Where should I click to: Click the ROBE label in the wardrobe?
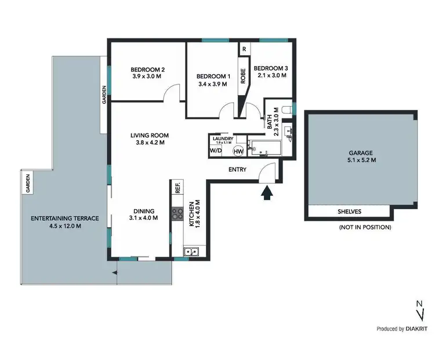(244, 77)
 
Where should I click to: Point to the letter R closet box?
(244, 49)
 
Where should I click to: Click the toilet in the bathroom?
(286, 110)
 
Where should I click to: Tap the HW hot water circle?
(238, 151)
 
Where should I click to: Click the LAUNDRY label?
(223, 139)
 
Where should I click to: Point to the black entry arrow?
(267, 193)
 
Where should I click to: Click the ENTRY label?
(238, 170)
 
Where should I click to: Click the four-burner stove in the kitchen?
(177, 214)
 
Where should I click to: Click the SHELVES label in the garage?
(350, 212)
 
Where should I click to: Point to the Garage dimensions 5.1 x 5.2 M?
(361, 161)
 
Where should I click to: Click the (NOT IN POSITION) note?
(365, 227)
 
